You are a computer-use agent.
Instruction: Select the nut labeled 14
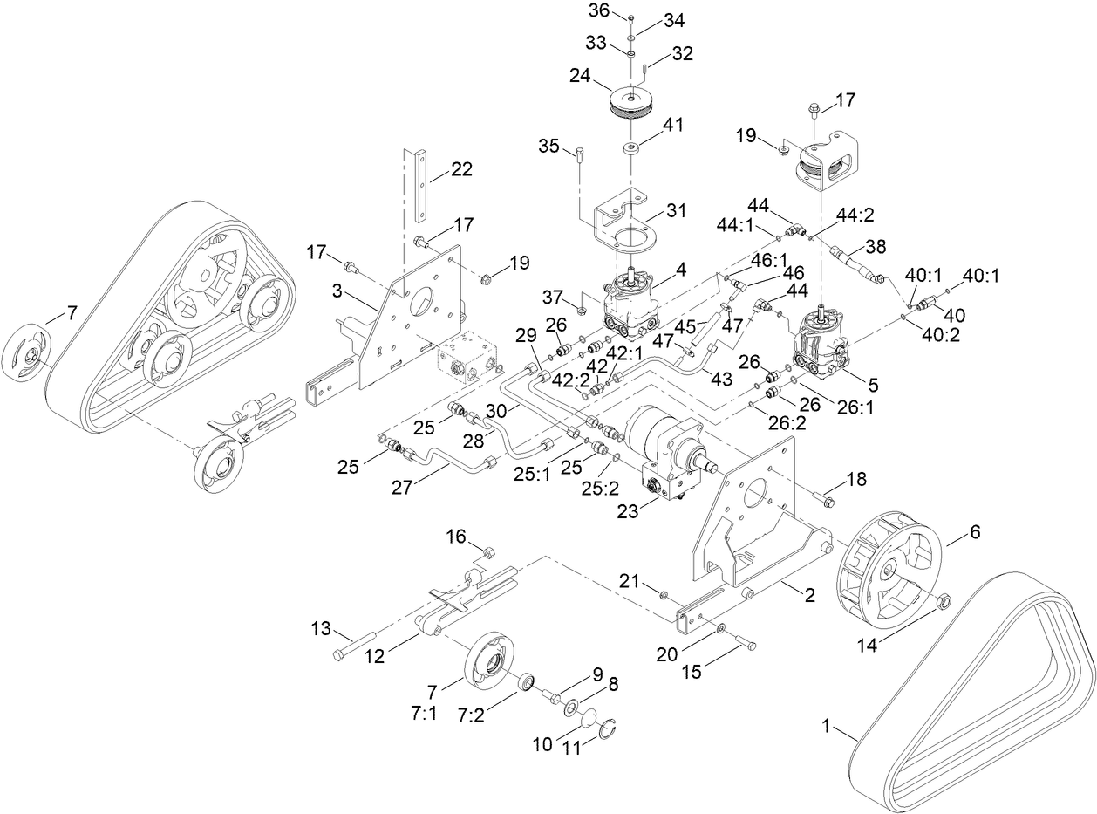point(943,601)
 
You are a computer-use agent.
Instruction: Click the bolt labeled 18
point(825,500)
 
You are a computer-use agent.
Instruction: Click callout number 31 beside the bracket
point(675,210)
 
